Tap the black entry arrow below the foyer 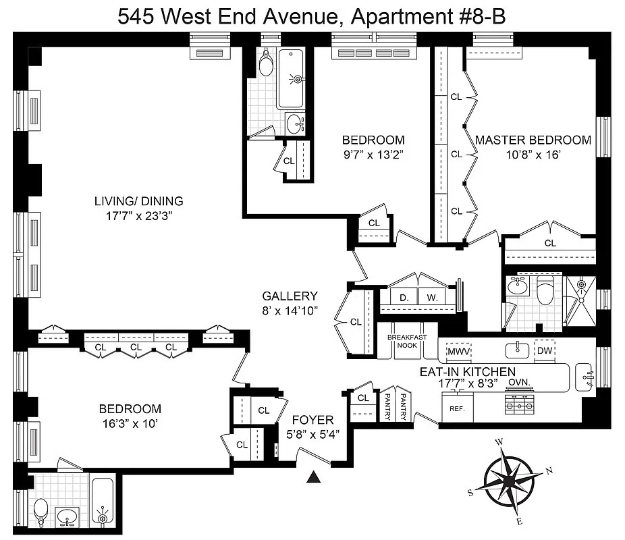pyautogui.click(x=314, y=477)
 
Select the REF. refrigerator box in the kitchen pyautogui.click(x=458, y=407)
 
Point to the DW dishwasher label pyautogui.click(x=545, y=350)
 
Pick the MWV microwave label pyautogui.click(x=458, y=352)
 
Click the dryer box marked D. pyautogui.click(x=404, y=297)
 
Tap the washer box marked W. pyautogui.click(x=433, y=297)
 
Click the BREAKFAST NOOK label pyautogui.click(x=407, y=341)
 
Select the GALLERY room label pyautogui.click(x=290, y=296)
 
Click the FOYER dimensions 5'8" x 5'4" pyautogui.click(x=313, y=434)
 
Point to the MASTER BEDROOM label pyautogui.click(x=533, y=140)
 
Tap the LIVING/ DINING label pyautogui.click(x=139, y=201)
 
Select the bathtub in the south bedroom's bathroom pyautogui.click(x=103, y=501)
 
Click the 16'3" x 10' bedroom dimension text pyautogui.click(x=130, y=423)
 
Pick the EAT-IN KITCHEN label pyautogui.click(x=468, y=371)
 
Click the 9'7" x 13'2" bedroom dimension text pyautogui.click(x=373, y=155)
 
